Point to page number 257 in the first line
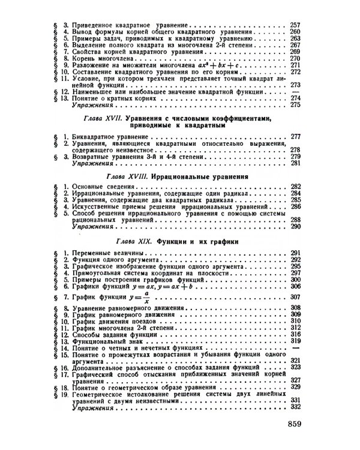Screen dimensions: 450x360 (294, 25)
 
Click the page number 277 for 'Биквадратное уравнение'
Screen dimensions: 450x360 (294, 137)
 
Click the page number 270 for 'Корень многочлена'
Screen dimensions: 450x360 (294, 58)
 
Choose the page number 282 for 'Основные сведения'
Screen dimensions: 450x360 (294, 188)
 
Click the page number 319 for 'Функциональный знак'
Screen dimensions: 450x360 (294, 340)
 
